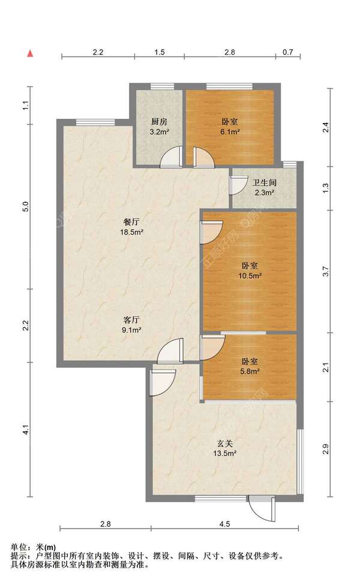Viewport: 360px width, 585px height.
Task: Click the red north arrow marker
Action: pyautogui.click(x=31, y=53)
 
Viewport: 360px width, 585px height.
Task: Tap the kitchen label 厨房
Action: pyautogui.click(x=159, y=121)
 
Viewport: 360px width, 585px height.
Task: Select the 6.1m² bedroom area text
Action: pyautogui.click(x=230, y=131)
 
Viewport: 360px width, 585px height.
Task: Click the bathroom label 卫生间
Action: pyautogui.click(x=265, y=182)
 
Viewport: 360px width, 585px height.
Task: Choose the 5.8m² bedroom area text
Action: pyautogui.click(x=250, y=371)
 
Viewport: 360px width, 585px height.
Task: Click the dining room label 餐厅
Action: pyautogui.click(x=131, y=222)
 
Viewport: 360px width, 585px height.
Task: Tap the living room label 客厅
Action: pyautogui.click(x=131, y=320)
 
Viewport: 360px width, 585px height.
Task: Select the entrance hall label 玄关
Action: pyautogui.click(x=226, y=443)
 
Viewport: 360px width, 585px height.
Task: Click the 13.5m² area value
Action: pyautogui.click(x=225, y=454)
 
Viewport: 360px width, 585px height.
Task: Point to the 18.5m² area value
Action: pyautogui.click(x=131, y=232)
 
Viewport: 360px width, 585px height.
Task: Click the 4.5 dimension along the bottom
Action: pyautogui.click(x=224, y=524)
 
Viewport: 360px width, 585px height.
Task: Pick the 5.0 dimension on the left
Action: pyautogui.click(x=25, y=206)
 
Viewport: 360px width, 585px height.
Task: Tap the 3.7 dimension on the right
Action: pyautogui.click(x=326, y=271)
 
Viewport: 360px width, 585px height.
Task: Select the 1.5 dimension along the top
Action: pyautogui.click(x=160, y=52)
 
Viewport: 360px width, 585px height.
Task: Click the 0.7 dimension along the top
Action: pyautogui.click(x=287, y=52)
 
